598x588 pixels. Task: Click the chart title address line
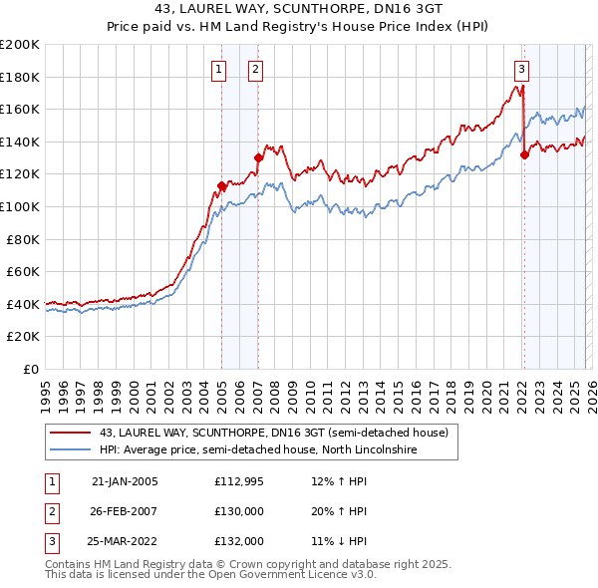299,9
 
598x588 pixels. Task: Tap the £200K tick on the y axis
20,45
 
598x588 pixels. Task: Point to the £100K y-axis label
20,206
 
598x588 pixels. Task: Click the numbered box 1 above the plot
218,69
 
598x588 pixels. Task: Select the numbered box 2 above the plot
255,69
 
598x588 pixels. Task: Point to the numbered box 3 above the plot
521,69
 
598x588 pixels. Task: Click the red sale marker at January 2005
221,185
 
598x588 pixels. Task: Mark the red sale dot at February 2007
258,157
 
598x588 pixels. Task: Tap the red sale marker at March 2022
524,154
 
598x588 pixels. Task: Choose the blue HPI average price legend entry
256,450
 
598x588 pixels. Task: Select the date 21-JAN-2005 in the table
125,481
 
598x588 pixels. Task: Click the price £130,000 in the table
239,511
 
